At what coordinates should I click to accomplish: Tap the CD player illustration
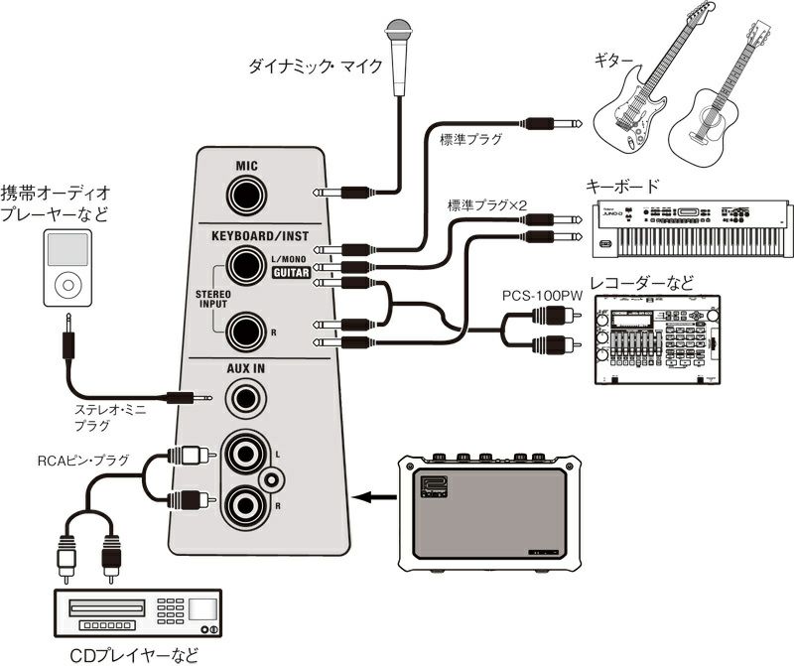pos(138,612)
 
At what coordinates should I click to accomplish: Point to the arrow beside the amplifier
pos(373,497)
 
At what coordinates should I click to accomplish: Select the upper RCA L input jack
pos(246,456)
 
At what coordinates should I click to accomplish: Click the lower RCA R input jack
pos(246,507)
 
